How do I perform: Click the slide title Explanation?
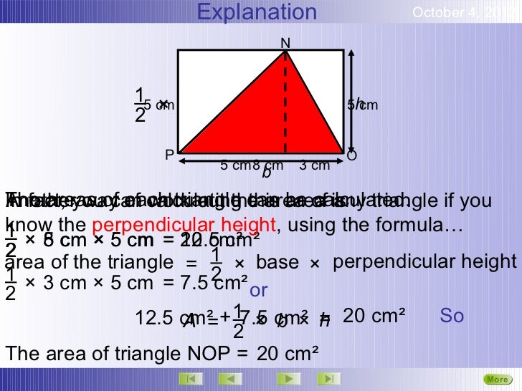click(x=257, y=12)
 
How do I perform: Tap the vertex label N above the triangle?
click(x=285, y=43)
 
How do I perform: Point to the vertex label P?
click(x=169, y=155)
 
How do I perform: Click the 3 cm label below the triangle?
click(x=314, y=166)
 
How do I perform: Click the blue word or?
click(x=258, y=291)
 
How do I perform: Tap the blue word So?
click(x=452, y=316)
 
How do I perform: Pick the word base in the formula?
click(x=277, y=263)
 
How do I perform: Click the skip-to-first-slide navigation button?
click(x=189, y=378)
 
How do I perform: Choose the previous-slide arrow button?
click(x=229, y=378)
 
